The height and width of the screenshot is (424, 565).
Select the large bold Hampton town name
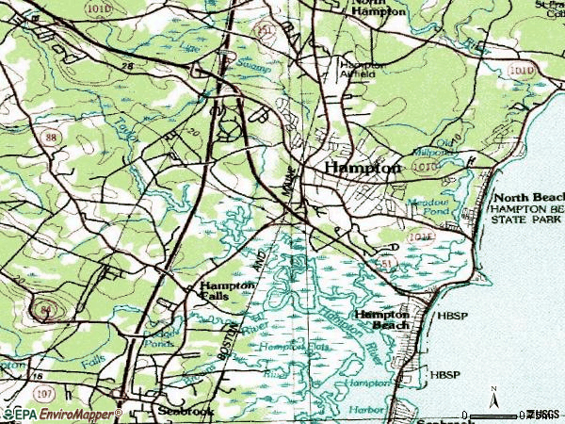coord(363,167)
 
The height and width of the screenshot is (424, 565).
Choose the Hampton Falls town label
coord(227,289)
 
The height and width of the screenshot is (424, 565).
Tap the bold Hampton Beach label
coord(381,318)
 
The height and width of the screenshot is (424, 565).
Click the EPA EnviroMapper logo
coord(62,414)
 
